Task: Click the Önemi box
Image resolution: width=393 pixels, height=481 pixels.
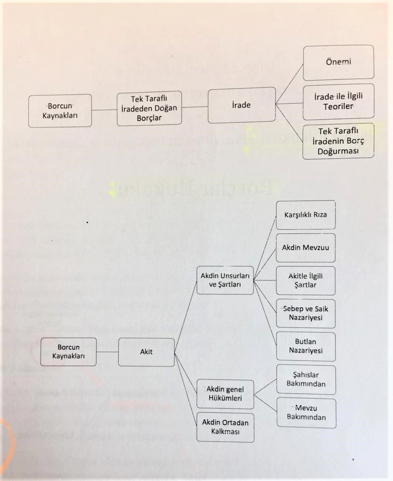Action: point(338,62)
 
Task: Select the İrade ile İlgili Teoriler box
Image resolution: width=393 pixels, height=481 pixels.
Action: point(338,101)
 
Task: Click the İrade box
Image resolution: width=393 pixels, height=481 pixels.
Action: point(241,105)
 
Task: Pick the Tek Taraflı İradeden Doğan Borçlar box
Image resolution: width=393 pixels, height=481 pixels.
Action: point(149,108)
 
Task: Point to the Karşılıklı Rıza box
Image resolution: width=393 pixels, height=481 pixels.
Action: point(305,215)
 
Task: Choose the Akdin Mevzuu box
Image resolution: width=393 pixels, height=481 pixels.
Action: point(305,248)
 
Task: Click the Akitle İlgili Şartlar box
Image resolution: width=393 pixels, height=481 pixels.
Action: point(305,280)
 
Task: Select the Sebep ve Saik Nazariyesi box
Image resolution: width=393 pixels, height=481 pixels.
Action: point(305,313)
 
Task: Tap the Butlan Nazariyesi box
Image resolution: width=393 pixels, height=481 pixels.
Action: point(305,346)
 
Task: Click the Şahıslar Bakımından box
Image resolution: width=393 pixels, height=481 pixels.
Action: point(306,380)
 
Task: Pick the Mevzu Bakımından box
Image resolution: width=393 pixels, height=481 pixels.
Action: point(306,412)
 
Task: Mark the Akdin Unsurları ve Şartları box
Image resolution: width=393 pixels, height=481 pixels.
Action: point(225,280)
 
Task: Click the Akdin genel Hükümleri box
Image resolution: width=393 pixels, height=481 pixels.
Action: point(225,394)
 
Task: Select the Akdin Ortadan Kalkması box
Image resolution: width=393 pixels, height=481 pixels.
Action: point(225,427)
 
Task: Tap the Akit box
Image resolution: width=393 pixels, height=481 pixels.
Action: point(146,352)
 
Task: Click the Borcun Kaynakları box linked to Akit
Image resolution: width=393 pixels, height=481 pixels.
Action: point(69,352)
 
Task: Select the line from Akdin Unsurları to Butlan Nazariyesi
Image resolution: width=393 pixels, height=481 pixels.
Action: point(265,312)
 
